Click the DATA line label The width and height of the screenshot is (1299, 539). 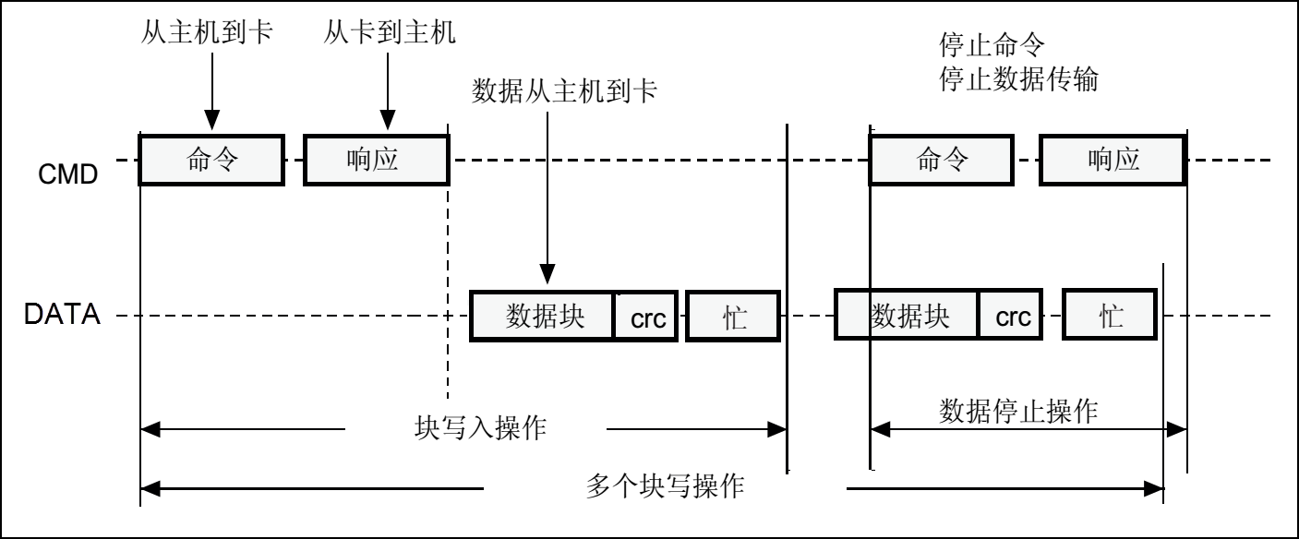pyautogui.click(x=61, y=317)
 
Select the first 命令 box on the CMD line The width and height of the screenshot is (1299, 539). pyautogui.click(x=210, y=160)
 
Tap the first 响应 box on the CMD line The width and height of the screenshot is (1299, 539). pyautogui.click(x=376, y=160)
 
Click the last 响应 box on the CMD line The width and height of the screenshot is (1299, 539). pyautogui.click(x=1113, y=160)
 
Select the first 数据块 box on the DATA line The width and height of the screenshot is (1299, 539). pyautogui.click(x=543, y=317)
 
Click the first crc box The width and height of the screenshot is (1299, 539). pyautogui.click(x=647, y=317)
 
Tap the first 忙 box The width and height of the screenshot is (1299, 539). pyautogui.click(x=733, y=317)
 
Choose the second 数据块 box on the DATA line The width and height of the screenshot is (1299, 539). pyautogui.click(x=907, y=317)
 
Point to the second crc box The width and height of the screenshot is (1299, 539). pyautogui.click(x=1012, y=317)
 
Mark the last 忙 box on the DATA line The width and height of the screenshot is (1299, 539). pyautogui.click(x=1110, y=317)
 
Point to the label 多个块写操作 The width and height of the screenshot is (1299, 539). pyautogui.click(x=665, y=485)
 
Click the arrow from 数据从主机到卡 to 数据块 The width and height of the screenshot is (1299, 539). pyautogui.click(x=547, y=194)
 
